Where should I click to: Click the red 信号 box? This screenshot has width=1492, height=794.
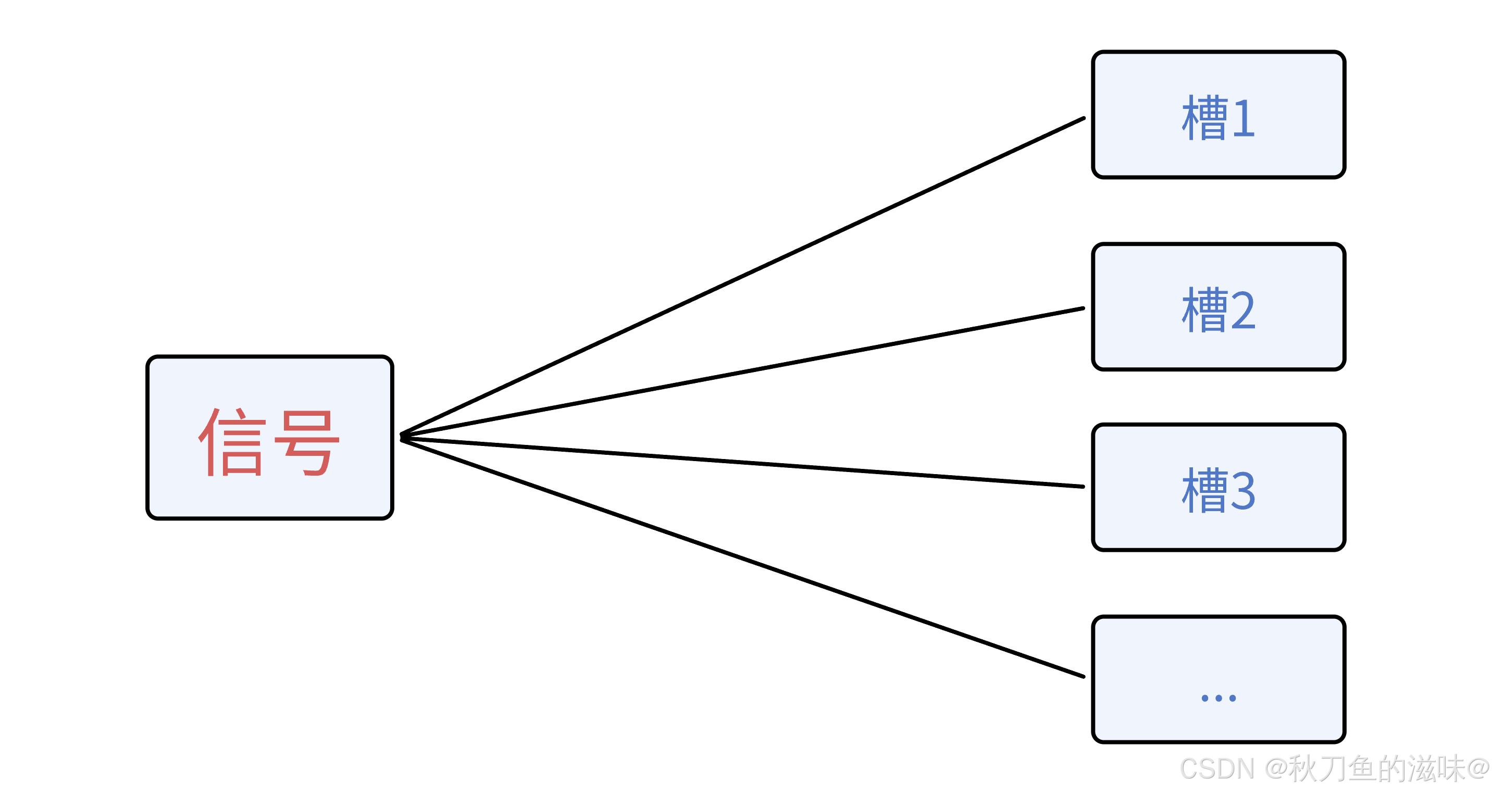pos(270,438)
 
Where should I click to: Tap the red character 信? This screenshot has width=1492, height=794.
pos(232,442)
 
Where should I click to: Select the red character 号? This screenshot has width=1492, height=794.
pos(306,443)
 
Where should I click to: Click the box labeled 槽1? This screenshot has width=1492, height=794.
pos(1219,115)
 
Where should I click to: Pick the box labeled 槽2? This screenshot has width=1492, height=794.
pos(1219,307)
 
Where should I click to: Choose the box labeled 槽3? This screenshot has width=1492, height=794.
pos(1219,488)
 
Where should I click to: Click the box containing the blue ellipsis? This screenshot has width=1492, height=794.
pos(1219,680)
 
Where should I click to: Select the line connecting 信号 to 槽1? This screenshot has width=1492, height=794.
pos(742,276)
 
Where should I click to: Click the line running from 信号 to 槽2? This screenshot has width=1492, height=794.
pos(742,372)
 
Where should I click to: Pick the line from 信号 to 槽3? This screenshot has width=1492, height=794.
pos(742,463)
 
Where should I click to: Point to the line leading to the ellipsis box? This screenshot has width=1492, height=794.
pos(742,557)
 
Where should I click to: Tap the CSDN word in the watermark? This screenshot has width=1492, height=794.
pos(1217,769)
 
